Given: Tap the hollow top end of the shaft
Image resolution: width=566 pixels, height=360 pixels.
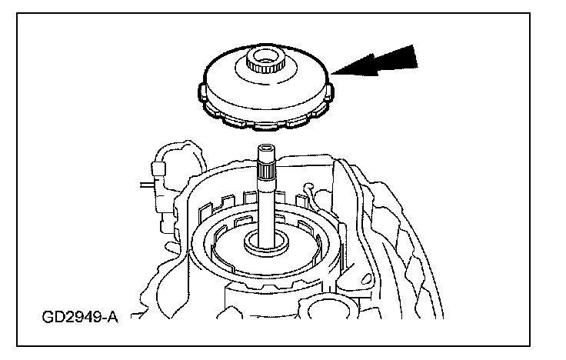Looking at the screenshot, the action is pos(268,148).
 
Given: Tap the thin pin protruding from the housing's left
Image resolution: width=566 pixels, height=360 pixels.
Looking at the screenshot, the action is pos(147,184).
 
